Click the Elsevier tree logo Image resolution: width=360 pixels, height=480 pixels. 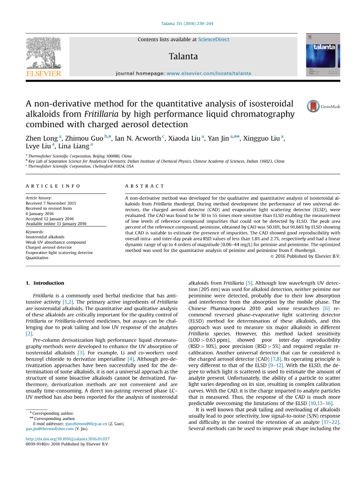43,54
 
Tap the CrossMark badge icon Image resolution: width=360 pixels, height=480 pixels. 314,106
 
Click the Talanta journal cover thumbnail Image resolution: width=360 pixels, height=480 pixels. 323,54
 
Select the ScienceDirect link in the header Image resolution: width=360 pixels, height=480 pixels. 214,40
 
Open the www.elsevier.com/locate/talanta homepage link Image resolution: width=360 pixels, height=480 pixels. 209,73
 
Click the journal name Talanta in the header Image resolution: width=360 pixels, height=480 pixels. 183,56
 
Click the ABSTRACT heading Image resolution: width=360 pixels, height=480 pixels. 144,186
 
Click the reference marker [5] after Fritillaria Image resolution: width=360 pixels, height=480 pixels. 249,284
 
